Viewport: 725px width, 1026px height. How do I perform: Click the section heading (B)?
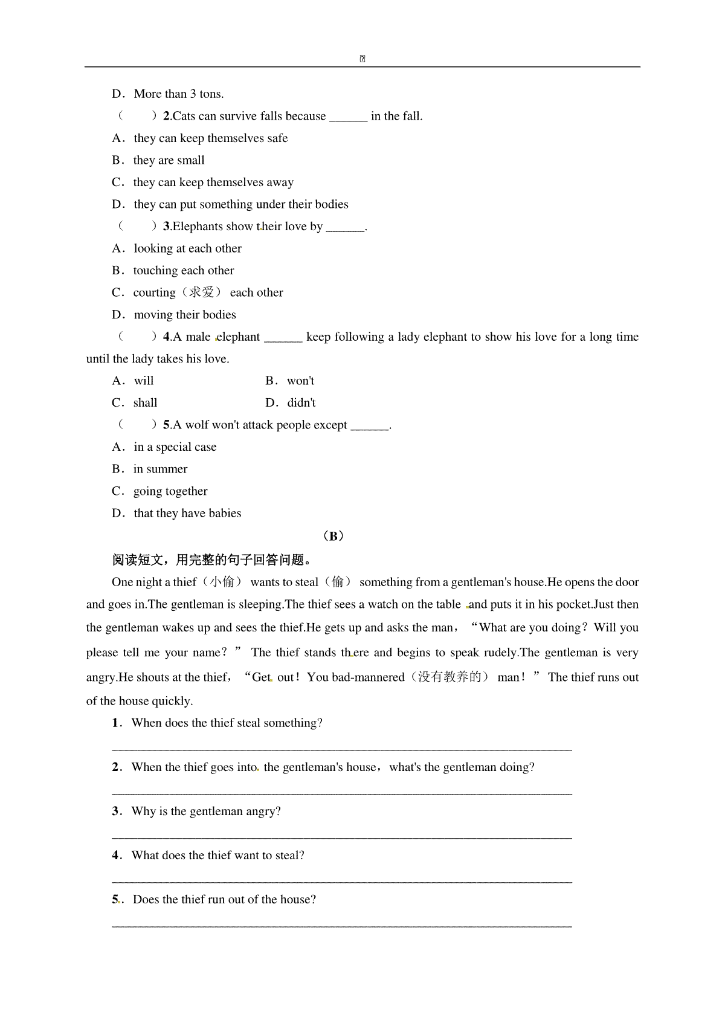pos(333,536)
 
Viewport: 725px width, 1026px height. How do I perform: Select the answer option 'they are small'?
pos(169,160)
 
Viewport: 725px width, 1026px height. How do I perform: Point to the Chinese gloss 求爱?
pos(202,292)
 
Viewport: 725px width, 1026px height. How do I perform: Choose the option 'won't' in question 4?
pos(300,381)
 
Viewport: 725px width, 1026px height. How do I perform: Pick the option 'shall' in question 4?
pos(145,403)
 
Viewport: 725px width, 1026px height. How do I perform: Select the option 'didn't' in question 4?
pos(301,403)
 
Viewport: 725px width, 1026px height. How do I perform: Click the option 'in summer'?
pos(160,469)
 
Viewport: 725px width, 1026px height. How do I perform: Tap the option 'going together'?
pos(170,491)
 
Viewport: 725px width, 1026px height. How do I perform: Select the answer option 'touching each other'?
pos(184,271)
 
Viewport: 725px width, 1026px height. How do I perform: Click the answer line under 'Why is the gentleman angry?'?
pos(341,837)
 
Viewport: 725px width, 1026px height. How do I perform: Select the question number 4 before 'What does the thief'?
pos(115,856)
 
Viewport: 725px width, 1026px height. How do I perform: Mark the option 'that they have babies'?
pos(187,514)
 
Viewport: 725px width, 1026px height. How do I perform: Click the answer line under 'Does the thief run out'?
pos(341,925)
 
